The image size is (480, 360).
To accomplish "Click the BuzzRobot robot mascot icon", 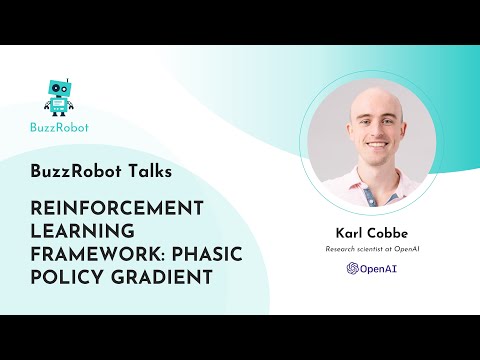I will click(x=59, y=96).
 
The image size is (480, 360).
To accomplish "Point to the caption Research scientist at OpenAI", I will click(x=368, y=251).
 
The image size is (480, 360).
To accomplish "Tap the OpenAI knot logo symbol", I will click(x=352, y=268).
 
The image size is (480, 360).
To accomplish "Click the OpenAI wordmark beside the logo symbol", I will click(x=376, y=268).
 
